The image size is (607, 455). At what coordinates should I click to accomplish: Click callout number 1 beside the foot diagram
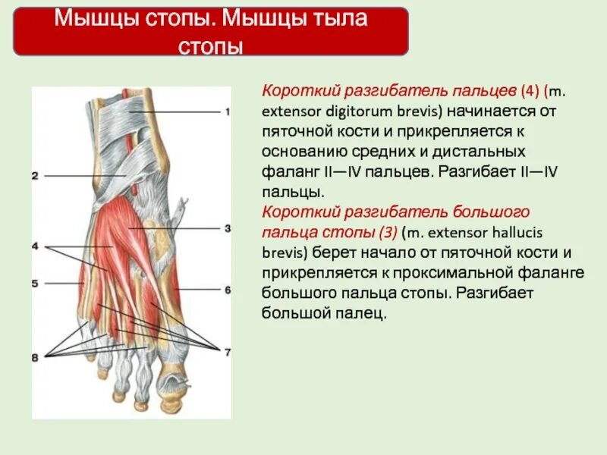(x=227, y=111)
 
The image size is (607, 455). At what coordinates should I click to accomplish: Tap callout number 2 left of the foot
(x=35, y=176)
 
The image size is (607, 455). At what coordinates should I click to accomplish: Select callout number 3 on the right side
(x=227, y=228)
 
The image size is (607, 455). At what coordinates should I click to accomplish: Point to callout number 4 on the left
(x=35, y=246)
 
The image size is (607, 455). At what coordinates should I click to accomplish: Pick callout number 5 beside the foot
(x=35, y=284)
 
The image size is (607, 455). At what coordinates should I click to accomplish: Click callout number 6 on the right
(x=227, y=289)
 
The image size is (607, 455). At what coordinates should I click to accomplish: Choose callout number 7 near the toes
(x=227, y=351)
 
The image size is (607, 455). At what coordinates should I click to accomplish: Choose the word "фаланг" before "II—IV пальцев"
(x=286, y=172)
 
